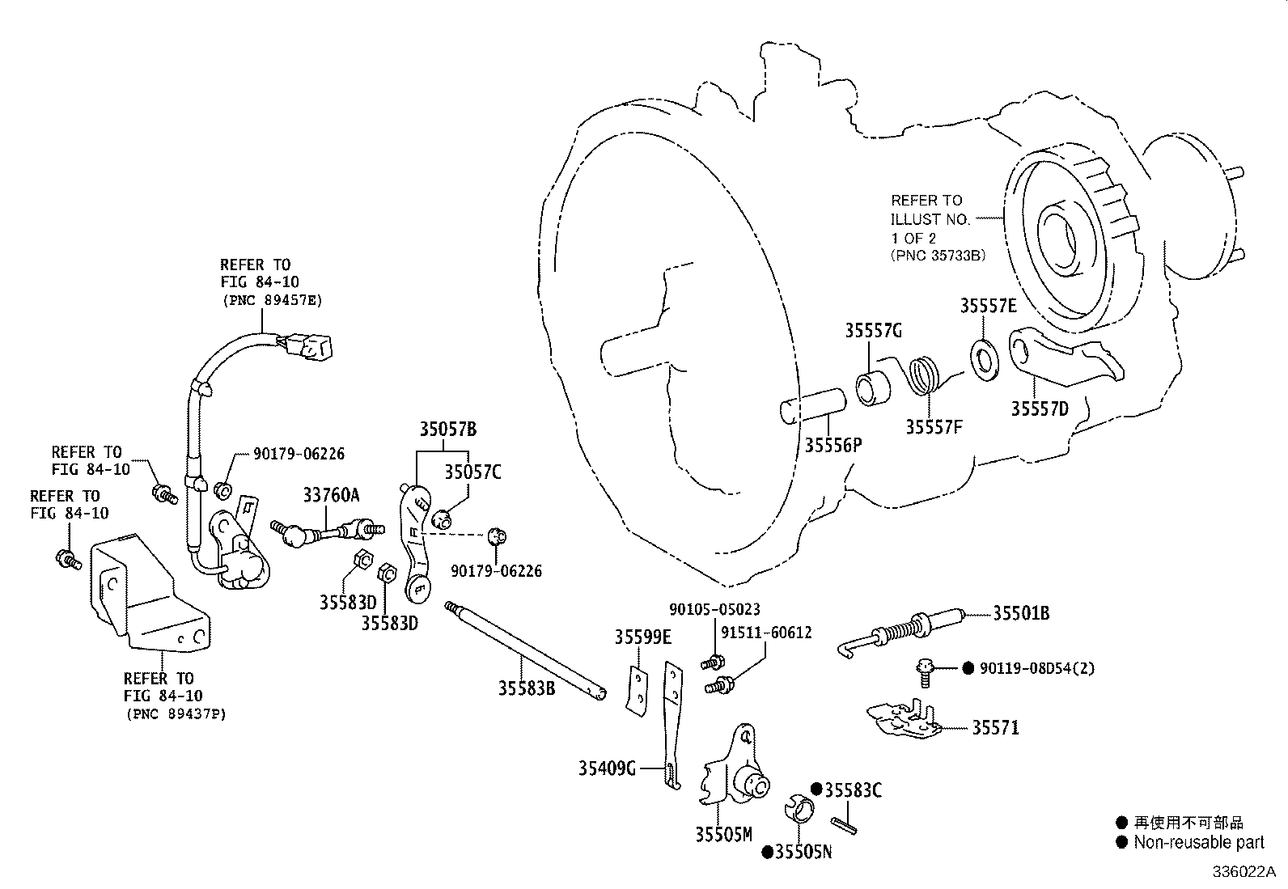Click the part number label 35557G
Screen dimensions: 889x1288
pos(873,330)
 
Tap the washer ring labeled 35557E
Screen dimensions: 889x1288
pos(984,359)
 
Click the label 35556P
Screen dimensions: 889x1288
pos(833,445)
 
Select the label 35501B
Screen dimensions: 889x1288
pos(1021,613)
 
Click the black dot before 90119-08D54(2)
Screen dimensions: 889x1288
pos(967,668)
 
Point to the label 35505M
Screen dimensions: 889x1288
pos(723,834)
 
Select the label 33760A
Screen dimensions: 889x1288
pos(331,494)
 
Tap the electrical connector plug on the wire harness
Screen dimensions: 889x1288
pos(311,346)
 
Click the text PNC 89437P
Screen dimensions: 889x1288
pos(176,714)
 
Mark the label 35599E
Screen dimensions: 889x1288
pos(642,637)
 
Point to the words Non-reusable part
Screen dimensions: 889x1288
pos(1198,842)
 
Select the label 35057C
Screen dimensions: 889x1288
pos(472,472)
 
